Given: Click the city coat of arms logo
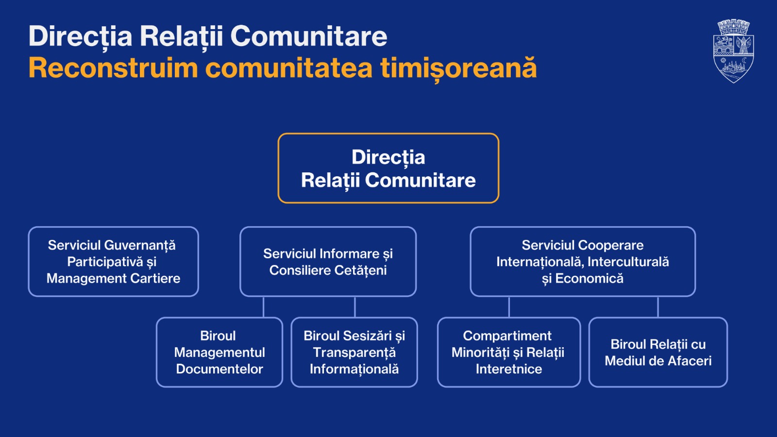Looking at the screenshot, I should point(733,51).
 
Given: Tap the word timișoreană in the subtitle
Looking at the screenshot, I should point(458,67).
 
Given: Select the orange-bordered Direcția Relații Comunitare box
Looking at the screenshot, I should point(388,168).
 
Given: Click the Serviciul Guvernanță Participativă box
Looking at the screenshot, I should point(113,261).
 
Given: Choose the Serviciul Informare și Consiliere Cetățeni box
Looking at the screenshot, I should point(328,261).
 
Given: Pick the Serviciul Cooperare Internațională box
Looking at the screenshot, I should point(582,261).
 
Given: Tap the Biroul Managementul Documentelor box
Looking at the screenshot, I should point(219,352).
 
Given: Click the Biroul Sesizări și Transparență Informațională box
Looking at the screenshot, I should point(354,352).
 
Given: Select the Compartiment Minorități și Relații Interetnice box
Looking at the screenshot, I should point(508,352).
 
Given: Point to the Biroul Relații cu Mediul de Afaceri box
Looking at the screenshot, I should point(658,352).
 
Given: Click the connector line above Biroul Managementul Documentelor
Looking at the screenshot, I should point(263,307).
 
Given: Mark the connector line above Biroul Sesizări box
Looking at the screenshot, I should point(355,307).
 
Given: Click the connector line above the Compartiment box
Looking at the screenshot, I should point(509,307).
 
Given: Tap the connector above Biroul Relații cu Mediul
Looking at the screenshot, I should point(658,307).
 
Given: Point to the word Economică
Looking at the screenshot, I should point(589,278).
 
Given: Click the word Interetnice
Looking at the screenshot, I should point(508,369).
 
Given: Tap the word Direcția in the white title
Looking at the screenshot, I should point(80,36).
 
